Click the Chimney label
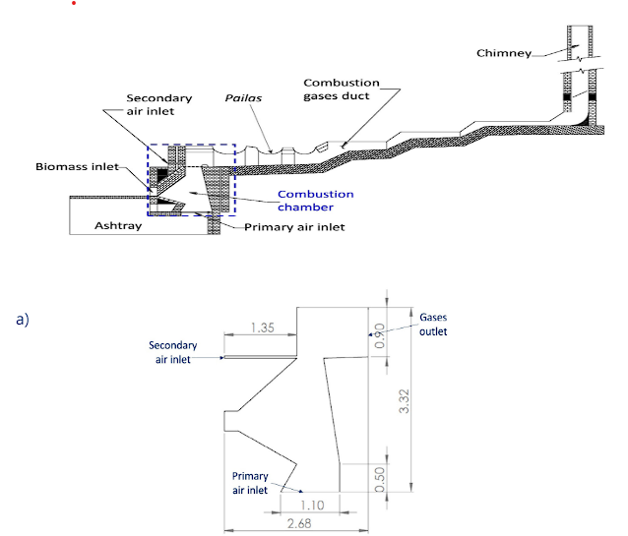coord(504,52)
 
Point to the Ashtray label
coord(116,225)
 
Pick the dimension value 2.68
coord(298,523)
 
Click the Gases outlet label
coord(433,325)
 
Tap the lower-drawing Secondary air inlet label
coord(173,352)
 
